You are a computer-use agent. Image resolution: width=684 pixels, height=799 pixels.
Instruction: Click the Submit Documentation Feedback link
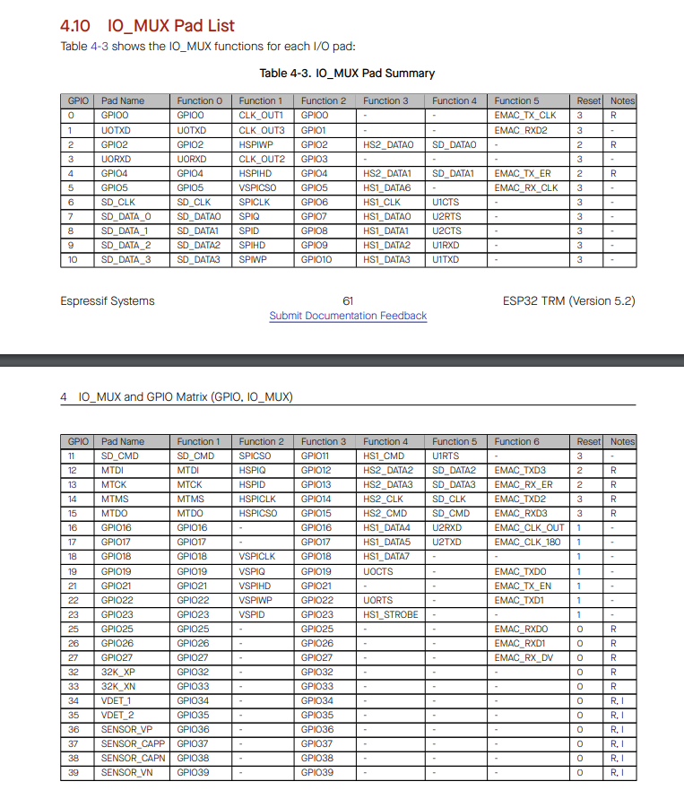click(348, 316)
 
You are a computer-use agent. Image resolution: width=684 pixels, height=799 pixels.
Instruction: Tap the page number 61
click(348, 300)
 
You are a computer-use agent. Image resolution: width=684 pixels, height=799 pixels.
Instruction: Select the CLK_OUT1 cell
click(261, 116)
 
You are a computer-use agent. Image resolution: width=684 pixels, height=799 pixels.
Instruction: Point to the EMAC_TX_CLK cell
click(525, 116)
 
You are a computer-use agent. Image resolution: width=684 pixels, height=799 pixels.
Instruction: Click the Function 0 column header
click(199, 101)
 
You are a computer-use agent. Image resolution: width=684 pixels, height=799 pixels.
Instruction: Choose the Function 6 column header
click(517, 441)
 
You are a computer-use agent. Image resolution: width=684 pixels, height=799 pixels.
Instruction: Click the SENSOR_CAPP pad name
click(133, 743)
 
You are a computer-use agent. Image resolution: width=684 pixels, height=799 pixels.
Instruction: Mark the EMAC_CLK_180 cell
click(529, 543)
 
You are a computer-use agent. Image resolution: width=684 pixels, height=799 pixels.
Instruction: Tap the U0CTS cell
click(378, 571)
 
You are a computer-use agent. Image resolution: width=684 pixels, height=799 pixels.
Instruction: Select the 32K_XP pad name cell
click(118, 672)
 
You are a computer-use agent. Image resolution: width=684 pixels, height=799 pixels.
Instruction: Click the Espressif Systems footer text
click(108, 300)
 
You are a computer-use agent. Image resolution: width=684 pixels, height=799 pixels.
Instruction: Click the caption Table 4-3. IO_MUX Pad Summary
click(347, 73)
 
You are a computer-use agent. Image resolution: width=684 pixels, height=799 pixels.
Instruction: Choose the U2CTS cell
click(446, 230)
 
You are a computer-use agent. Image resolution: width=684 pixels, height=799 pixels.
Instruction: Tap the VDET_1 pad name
click(117, 700)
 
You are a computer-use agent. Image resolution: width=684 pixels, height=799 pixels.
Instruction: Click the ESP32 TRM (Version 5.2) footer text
click(568, 300)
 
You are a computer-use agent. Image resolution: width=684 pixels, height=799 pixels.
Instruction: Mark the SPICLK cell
click(255, 202)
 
